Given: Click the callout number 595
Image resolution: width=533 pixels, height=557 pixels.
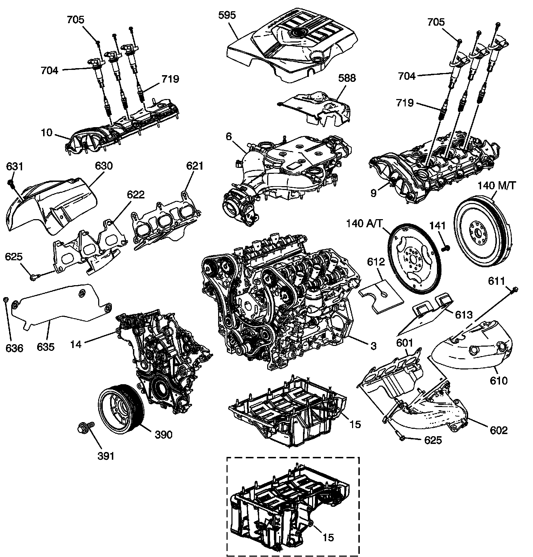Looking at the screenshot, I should (227, 15).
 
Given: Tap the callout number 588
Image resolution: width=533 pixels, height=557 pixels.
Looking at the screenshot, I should (347, 78).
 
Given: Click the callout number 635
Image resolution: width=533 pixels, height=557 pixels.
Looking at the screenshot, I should (46, 347).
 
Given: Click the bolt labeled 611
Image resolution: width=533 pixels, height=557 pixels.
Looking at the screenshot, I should (514, 289).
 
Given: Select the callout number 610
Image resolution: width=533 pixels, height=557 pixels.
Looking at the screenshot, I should (499, 380).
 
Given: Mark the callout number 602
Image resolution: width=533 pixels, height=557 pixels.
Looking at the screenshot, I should (499, 430).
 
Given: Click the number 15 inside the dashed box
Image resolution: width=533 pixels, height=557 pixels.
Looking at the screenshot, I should (328, 537).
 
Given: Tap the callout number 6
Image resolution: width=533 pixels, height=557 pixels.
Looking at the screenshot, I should (229, 136).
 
